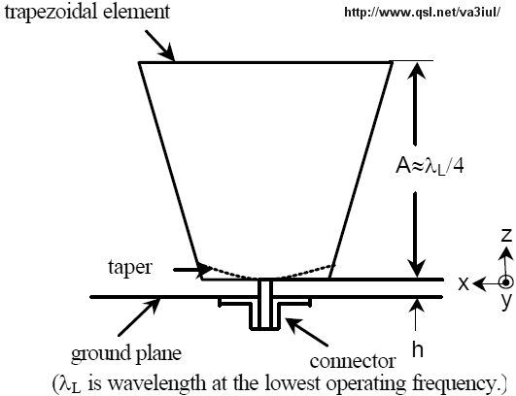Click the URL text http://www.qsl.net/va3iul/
point(423,13)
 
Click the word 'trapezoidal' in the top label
point(52,13)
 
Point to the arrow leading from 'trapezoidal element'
point(159,46)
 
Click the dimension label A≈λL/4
point(430,167)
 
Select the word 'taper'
point(130,268)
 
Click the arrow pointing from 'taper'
point(192,270)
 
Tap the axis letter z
point(506,235)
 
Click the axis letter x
point(464,283)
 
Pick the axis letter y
point(506,301)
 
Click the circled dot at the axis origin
point(506,282)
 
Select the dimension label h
point(418,348)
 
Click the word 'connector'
point(353,361)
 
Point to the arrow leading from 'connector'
point(306,332)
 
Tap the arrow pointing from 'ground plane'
point(139,316)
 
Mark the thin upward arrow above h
point(416,314)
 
